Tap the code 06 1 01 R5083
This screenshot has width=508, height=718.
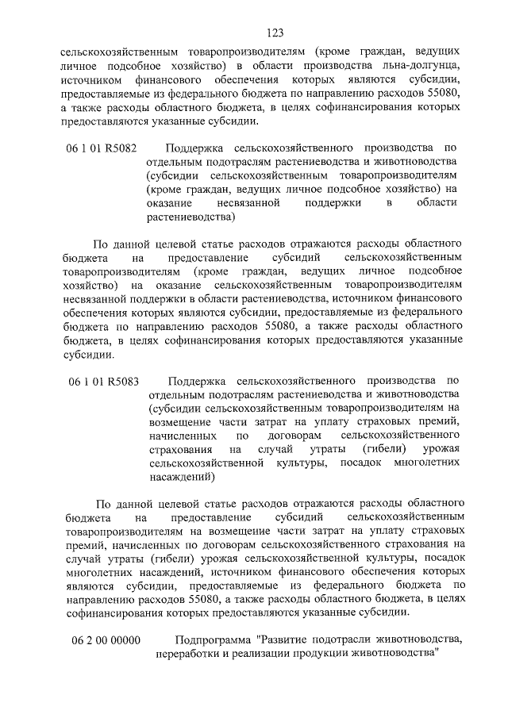[103, 381]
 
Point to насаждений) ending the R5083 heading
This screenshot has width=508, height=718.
[182, 478]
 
